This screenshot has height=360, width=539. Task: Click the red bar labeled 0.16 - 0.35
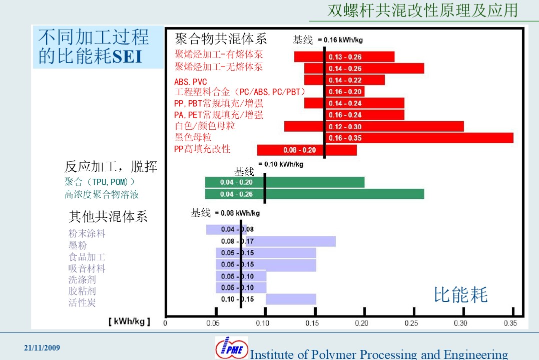419,138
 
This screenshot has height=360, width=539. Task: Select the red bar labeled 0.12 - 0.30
374,126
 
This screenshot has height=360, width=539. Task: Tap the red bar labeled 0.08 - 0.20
307,150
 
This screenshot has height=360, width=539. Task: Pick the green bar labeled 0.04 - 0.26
314,194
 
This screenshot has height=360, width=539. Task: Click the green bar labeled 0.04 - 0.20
285,182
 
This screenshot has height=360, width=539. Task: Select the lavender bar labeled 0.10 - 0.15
291,299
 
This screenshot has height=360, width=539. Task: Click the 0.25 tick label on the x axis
411,323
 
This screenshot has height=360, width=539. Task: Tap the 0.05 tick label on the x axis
213,323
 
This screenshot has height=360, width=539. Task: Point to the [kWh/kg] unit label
129,321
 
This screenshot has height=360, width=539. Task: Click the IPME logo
232,347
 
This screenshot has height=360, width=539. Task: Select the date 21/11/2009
42,347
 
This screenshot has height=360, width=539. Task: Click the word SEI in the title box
127,57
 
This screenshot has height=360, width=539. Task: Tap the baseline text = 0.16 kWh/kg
340,40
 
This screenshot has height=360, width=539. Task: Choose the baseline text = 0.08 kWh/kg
237,213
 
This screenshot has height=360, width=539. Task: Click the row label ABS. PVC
191,82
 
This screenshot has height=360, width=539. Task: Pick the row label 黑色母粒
193,137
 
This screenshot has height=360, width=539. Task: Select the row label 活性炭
82,302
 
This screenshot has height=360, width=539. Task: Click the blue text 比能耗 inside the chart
460,295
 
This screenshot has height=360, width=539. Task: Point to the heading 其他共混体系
108,217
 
